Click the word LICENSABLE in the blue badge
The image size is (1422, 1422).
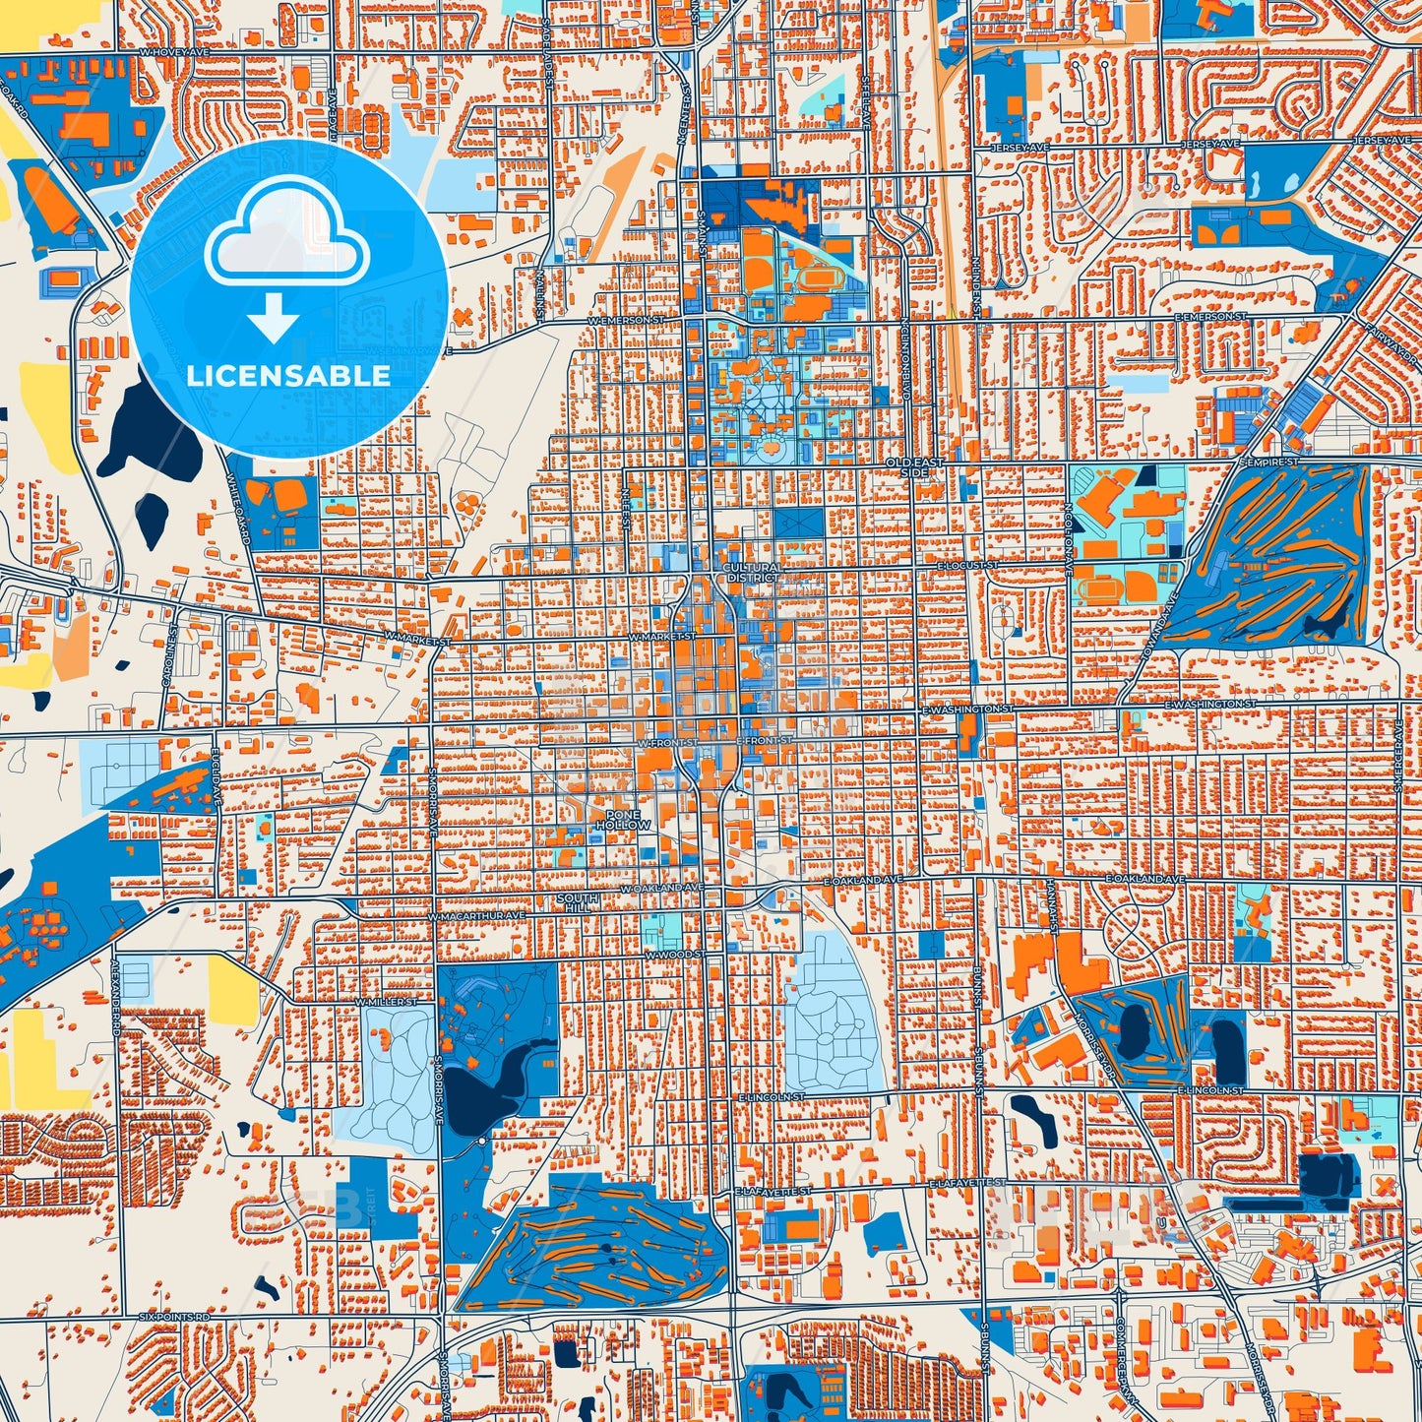(288, 375)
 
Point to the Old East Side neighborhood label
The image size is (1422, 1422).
(913, 466)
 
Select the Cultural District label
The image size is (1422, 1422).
(751, 573)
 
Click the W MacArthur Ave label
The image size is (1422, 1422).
(477, 915)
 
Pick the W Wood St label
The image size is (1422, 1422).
(674, 955)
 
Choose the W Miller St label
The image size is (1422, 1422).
(386, 1002)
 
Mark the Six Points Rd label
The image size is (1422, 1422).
(174, 1316)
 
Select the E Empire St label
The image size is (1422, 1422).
(1269, 462)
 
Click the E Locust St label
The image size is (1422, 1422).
(967, 566)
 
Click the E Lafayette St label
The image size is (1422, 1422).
(968, 1182)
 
